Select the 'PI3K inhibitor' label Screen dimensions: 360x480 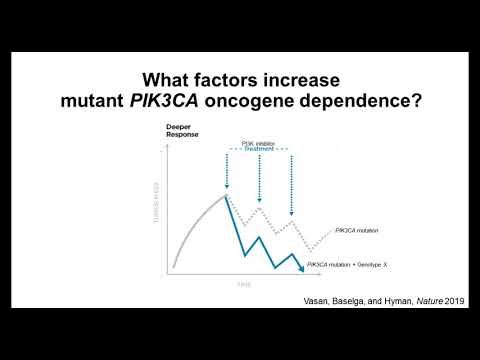coord(259,143)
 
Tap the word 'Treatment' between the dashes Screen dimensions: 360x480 coord(259,150)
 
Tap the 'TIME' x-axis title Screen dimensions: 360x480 coord(243,286)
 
